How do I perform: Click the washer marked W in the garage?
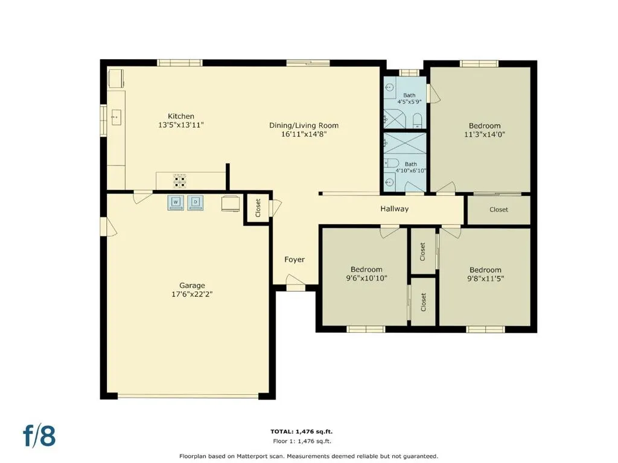point(176,203)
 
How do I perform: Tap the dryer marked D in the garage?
point(195,203)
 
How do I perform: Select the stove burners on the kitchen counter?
point(180,181)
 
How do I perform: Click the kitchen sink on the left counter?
point(116,118)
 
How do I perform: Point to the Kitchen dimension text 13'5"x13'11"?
point(181,125)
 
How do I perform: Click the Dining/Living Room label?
point(304,125)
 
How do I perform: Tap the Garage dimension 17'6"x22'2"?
point(192,294)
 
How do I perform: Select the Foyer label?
point(295,259)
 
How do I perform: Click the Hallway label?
point(394,209)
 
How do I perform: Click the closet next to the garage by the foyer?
point(258,208)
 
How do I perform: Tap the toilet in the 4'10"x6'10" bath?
point(391,163)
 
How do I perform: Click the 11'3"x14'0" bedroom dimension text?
point(485,134)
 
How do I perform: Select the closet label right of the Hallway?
point(499,209)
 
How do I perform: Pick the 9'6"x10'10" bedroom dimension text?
point(366,278)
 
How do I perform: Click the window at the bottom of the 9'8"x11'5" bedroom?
point(485,329)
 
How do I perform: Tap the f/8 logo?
point(39,436)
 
